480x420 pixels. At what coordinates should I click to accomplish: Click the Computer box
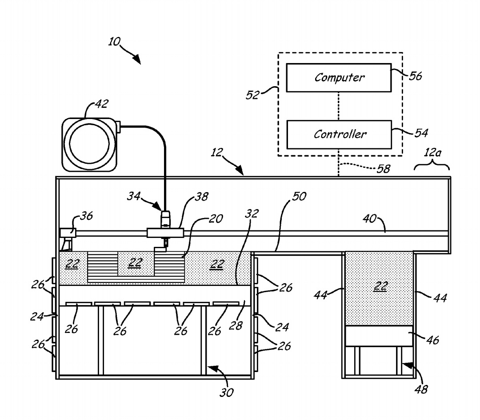(339, 78)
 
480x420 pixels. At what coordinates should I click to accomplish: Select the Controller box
(339, 134)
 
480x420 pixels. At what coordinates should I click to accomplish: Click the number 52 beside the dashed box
(252, 95)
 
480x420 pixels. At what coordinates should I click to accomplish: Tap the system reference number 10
(114, 42)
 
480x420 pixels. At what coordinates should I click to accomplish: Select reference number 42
(101, 105)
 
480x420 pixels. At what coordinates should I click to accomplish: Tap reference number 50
(298, 196)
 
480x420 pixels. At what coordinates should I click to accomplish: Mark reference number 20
(216, 219)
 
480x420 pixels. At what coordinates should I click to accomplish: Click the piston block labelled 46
(379, 336)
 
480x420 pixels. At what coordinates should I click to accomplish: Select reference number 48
(421, 390)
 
